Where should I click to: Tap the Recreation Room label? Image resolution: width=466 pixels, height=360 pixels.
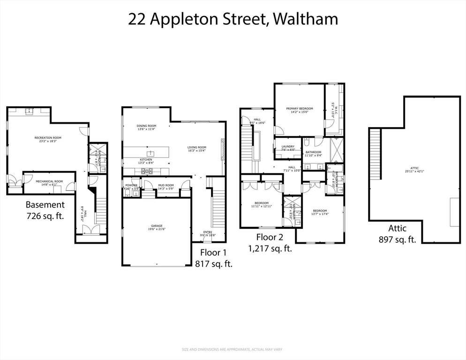pos(48,138)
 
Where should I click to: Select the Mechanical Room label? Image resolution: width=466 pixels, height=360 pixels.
pos(52,181)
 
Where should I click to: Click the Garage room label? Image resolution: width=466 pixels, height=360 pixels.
pos(157,226)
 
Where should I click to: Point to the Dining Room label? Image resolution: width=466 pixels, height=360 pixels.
pos(146,126)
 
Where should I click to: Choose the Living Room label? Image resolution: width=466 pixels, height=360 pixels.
pos(197,147)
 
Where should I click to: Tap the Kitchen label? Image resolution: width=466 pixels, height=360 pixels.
pos(146,160)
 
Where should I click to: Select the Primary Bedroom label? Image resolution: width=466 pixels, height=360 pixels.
pos(300,109)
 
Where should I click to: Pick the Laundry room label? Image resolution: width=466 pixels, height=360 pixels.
pos(288,147)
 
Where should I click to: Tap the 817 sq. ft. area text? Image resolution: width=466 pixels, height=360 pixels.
pos(213,263)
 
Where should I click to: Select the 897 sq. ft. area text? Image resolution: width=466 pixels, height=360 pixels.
pos(397,240)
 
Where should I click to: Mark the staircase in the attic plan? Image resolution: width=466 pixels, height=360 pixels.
pos(375,145)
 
